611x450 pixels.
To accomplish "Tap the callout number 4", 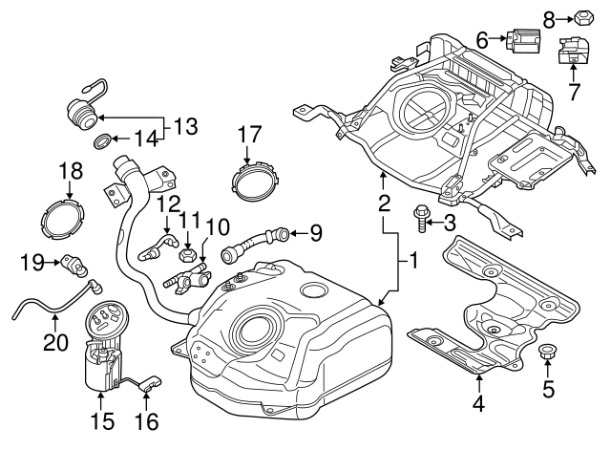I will click(x=478, y=404).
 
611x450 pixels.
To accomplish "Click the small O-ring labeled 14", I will click(x=100, y=143).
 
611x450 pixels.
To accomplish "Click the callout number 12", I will click(x=169, y=203).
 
